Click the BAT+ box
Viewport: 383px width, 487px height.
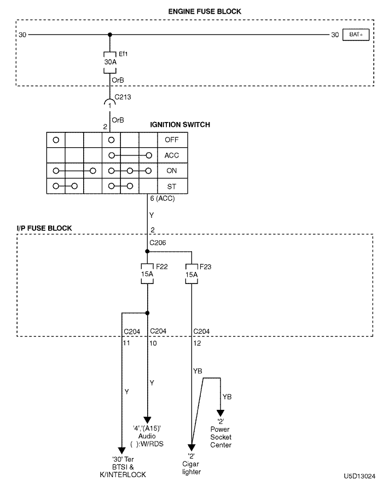356,35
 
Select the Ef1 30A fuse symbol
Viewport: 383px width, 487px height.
110,62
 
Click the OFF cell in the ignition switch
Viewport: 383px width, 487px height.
171,139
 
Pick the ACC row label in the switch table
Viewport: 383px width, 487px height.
171,155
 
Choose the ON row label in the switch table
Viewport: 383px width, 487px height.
171,171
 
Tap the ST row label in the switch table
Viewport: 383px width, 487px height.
171,186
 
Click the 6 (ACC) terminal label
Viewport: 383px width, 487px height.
162,199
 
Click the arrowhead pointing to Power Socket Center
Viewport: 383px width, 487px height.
221,413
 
